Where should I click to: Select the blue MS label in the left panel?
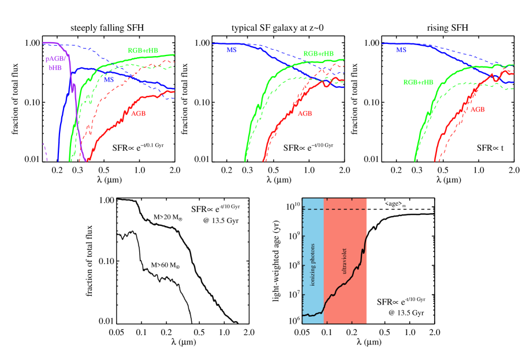click(109, 80)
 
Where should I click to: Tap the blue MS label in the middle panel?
click(231, 50)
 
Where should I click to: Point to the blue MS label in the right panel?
click(401, 50)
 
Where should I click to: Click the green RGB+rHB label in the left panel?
click(143, 51)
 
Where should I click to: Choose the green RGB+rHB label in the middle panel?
click(318, 54)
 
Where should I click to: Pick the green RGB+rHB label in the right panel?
click(418, 83)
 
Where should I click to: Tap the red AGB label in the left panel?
click(138, 114)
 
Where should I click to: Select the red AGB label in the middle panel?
click(304, 114)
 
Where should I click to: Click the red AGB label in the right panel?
click(477, 109)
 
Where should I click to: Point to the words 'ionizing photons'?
click(313, 265)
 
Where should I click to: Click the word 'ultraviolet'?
click(345, 261)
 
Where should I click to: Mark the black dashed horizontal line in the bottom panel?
click(335, 209)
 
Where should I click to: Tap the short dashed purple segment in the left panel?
click(45, 151)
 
